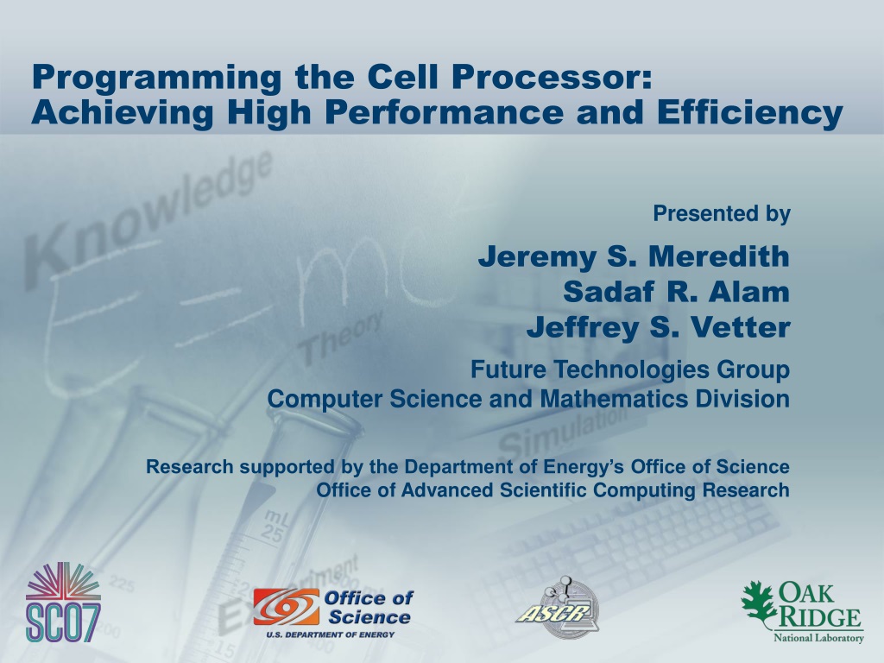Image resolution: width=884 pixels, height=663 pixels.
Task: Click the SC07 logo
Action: click(63, 602)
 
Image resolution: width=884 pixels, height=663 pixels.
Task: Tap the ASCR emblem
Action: click(558, 608)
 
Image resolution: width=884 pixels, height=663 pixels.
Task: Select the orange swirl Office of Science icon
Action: click(286, 607)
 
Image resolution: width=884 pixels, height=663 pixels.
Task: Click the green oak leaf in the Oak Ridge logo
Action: click(761, 603)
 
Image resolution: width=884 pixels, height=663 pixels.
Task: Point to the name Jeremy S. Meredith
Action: click(634, 256)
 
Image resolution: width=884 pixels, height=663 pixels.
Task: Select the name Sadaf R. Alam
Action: click(676, 292)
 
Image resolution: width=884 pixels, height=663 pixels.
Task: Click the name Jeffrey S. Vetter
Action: click(658, 327)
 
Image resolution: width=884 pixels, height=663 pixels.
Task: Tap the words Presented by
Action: click(722, 214)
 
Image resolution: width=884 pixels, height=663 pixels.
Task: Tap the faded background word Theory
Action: click(340, 338)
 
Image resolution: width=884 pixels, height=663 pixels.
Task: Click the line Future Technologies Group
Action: click(629, 369)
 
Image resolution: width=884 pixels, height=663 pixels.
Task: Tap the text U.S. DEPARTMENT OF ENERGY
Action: click(331, 635)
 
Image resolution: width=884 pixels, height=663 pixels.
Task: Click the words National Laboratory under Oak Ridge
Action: click(818, 638)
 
